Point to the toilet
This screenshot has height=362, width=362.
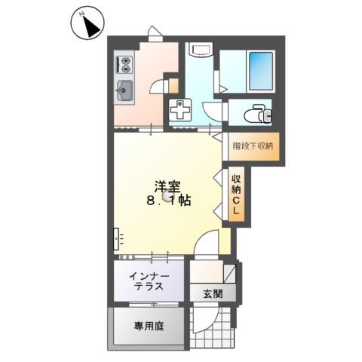pos(258,115)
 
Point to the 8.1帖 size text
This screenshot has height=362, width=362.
pos(167,202)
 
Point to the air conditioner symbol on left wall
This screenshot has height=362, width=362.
pos(116,239)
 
